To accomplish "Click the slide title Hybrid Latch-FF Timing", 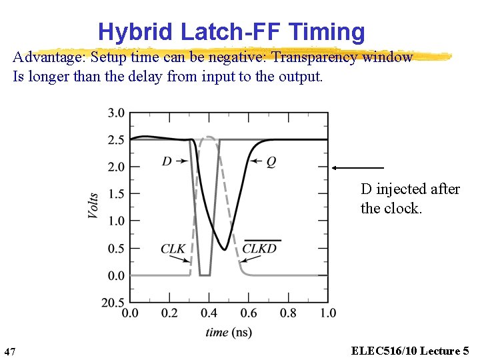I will point(231,31).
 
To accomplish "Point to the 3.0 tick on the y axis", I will point(116,113).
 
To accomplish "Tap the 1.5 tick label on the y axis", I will point(116,194).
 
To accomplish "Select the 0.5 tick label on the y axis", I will point(116,248).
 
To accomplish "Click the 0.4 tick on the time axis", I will point(209,313).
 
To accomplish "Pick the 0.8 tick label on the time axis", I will point(288,313).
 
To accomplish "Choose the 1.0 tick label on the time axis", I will point(327,313).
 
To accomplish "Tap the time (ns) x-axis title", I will point(229,332).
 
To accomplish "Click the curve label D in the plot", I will point(167,161).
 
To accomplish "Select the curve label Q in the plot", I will point(271,161).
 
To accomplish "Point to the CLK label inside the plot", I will point(173,249).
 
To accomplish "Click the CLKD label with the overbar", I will point(259,249).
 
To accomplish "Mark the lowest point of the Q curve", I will point(225,250).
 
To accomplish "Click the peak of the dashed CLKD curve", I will point(209,137).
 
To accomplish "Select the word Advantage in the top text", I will point(46,57).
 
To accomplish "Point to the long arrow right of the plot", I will point(358,167).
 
